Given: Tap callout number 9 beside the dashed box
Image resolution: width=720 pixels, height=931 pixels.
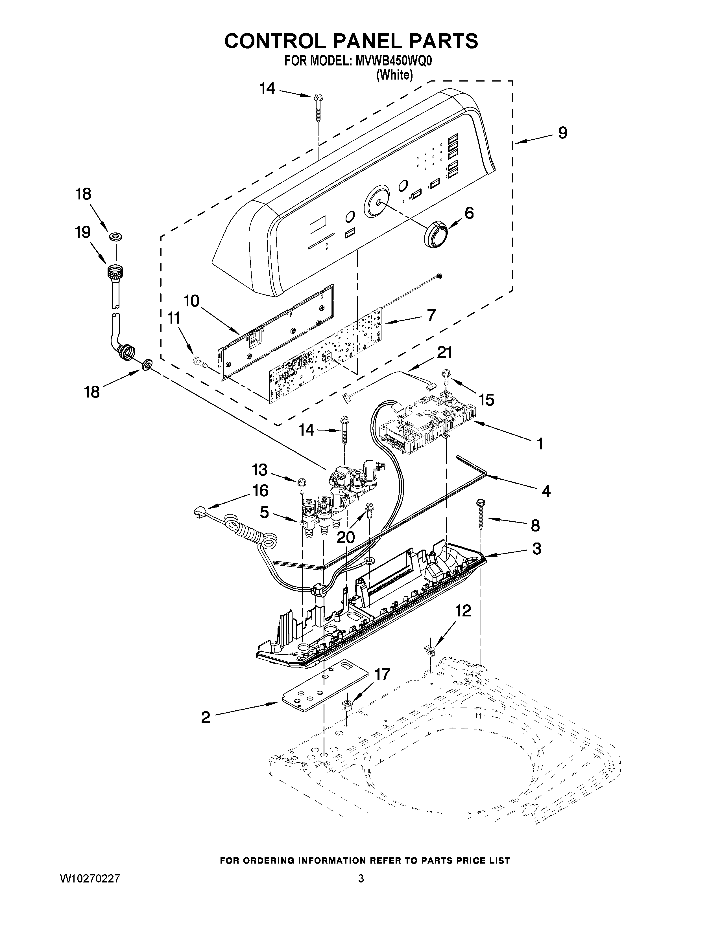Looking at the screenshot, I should (x=563, y=133).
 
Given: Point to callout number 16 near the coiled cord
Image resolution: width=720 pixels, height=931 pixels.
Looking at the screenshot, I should (x=260, y=491).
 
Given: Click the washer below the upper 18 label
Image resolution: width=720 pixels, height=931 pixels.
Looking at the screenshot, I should (x=115, y=236).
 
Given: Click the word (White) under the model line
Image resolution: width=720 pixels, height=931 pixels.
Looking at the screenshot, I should (x=394, y=75).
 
